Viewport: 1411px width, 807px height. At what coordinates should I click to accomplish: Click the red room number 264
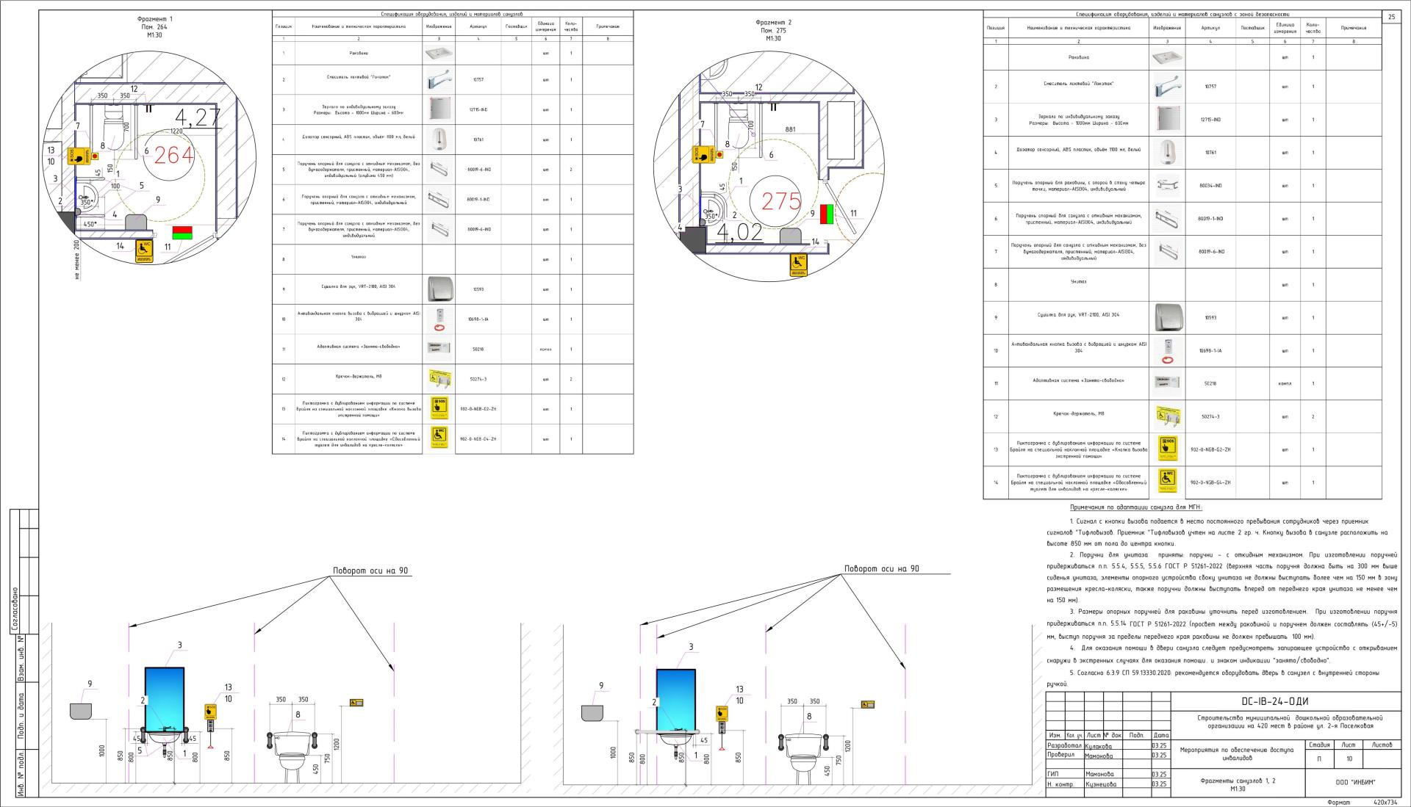click(x=175, y=155)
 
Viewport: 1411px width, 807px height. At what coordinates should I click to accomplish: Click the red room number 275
click(x=780, y=201)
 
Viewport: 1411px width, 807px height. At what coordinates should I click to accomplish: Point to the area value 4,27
click(x=198, y=117)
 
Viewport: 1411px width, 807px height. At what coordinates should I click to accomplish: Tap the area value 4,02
click(x=740, y=234)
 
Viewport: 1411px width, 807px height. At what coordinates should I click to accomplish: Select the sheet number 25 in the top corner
click(x=1392, y=17)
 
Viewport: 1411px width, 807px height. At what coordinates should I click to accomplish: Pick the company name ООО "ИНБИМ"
click(x=1354, y=782)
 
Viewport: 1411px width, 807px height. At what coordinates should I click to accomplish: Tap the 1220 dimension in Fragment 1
click(x=176, y=131)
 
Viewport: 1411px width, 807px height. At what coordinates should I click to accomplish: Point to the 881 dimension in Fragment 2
click(x=790, y=129)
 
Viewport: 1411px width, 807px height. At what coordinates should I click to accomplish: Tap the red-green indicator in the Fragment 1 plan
click(x=182, y=234)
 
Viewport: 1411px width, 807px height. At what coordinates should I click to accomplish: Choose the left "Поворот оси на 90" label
click(x=370, y=571)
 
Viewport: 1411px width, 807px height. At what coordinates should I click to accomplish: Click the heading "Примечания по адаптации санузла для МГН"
click(x=1135, y=507)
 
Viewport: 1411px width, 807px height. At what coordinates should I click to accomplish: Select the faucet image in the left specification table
click(x=438, y=79)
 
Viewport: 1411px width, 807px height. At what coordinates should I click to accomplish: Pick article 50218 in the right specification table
click(x=1210, y=383)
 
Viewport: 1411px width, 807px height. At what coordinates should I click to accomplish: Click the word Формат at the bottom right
click(x=1338, y=803)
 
